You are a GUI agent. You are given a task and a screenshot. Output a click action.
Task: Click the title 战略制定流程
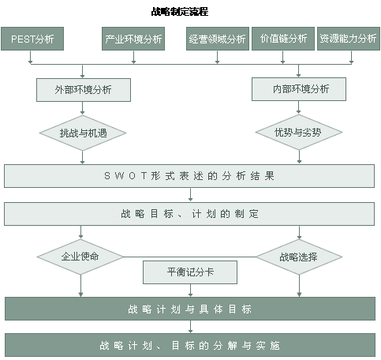(x=180, y=12)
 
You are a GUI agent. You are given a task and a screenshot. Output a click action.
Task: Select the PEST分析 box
(x=32, y=39)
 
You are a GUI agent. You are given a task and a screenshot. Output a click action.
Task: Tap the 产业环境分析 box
(x=133, y=39)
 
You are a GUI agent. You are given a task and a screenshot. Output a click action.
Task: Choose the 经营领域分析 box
(x=218, y=39)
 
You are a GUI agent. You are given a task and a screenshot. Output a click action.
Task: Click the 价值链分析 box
(x=283, y=39)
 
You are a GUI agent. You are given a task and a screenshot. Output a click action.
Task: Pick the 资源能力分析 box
(x=349, y=39)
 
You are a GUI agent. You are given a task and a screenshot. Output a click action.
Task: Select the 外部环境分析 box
(x=84, y=90)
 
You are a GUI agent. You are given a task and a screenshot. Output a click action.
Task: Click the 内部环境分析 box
(x=299, y=89)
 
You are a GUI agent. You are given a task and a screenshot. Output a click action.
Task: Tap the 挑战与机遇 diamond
(x=83, y=133)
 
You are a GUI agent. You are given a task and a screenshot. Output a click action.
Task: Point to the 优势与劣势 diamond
(x=299, y=132)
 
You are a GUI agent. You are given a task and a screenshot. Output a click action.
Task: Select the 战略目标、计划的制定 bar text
(x=189, y=214)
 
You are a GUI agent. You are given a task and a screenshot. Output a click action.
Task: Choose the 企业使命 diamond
(x=80, y=257)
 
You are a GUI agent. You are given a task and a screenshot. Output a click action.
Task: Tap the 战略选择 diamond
(x=299, y=257)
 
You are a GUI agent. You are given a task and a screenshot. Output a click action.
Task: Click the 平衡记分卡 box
(x=190, y=272)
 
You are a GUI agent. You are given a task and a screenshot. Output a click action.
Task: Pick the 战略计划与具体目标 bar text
(x=189, y=309)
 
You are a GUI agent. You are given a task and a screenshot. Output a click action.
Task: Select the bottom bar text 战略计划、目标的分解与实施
(x=189, y=346)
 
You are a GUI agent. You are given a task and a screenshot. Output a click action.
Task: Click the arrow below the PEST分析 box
(x=30, y=57)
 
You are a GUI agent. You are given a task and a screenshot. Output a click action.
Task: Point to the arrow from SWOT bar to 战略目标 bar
(x=190, y=195)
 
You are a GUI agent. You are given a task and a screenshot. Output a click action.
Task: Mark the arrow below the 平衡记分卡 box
(x=190, y=291)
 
